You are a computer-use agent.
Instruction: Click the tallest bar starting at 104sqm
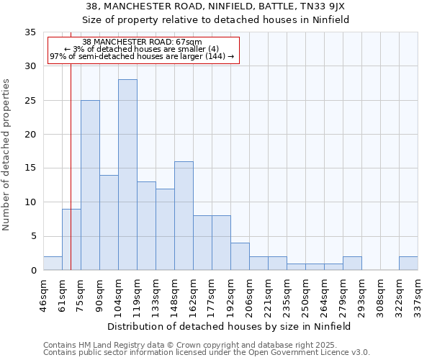[x=127, y=175]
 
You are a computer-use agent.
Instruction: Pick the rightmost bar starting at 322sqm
[x=408, y=264]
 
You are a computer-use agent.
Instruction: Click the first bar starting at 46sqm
[x=53, y=264]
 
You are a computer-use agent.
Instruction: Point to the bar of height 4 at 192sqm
[x=240, y=256]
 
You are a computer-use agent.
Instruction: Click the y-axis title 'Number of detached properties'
[x=7, y=155]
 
